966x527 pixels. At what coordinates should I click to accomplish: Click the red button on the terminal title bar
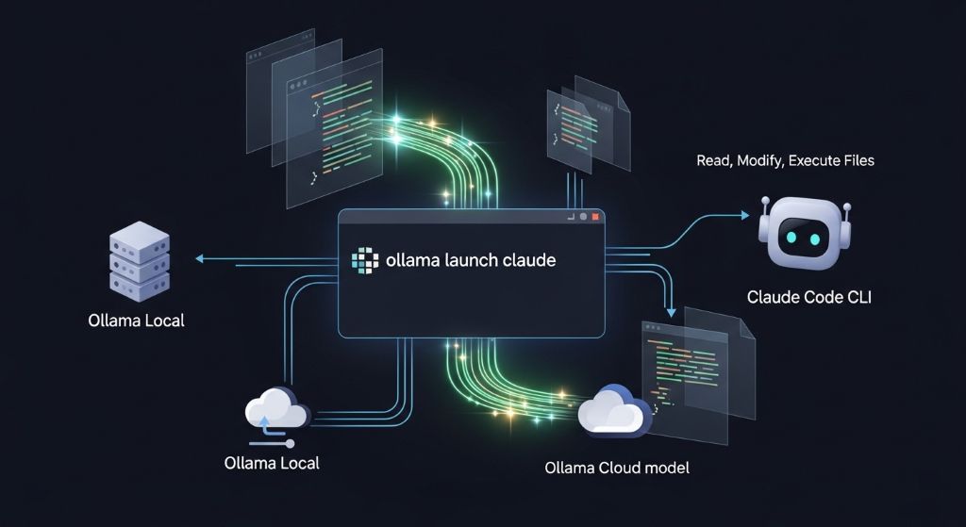pos(596,216)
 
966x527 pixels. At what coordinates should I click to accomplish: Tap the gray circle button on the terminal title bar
pos(583,216)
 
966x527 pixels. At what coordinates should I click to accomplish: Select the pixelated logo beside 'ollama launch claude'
pos(363,260)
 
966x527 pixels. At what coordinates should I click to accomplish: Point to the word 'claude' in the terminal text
pos(527,260)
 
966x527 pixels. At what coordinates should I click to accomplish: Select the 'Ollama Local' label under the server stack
pos(136,321)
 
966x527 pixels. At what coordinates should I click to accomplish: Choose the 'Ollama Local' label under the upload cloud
pos(272,463)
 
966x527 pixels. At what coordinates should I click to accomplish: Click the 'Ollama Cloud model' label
pos(617,468)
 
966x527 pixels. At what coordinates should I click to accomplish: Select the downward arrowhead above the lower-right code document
pos(671,312)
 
